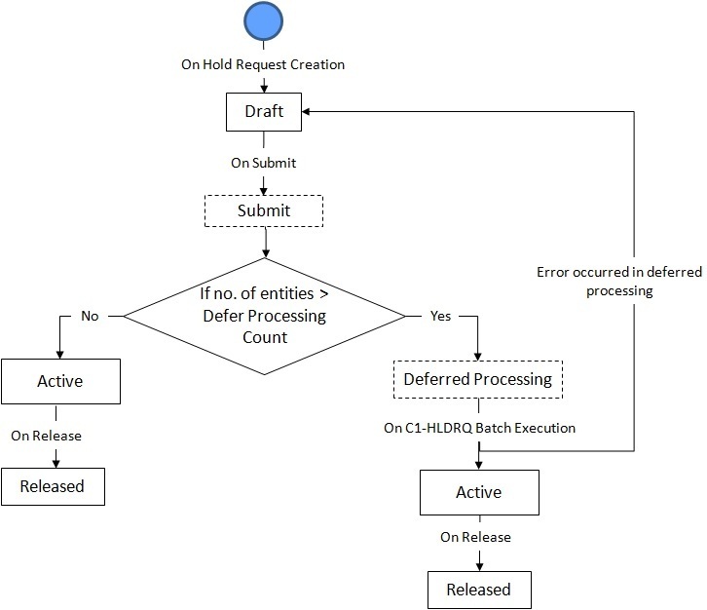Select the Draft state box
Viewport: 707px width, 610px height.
click(x=263, y=111)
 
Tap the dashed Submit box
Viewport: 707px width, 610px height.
click(x=263, y=210)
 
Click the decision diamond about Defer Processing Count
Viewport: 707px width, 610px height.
click(x=264, y=315)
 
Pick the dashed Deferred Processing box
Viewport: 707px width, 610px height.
click(x=477, y=379)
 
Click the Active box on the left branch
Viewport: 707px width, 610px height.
click(x=59, y=381)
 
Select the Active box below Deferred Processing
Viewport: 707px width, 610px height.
click(x=478, y=492)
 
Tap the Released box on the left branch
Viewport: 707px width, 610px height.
click(x=52, y=485)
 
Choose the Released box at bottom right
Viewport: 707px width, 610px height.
click(x=478, y=590)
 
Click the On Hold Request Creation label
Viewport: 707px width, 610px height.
click(x=263, y=65)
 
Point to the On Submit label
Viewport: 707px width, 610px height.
click(x=263, y=163)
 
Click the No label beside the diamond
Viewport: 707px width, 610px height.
click(x=89, y=316)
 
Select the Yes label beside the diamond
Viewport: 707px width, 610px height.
click(x=440, y=316)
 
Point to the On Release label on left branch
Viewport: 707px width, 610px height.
click(x=46, y=436)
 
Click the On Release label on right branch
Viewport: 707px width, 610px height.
click(x=475, y=537)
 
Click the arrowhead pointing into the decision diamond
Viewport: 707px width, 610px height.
click(x=264, y=254)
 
